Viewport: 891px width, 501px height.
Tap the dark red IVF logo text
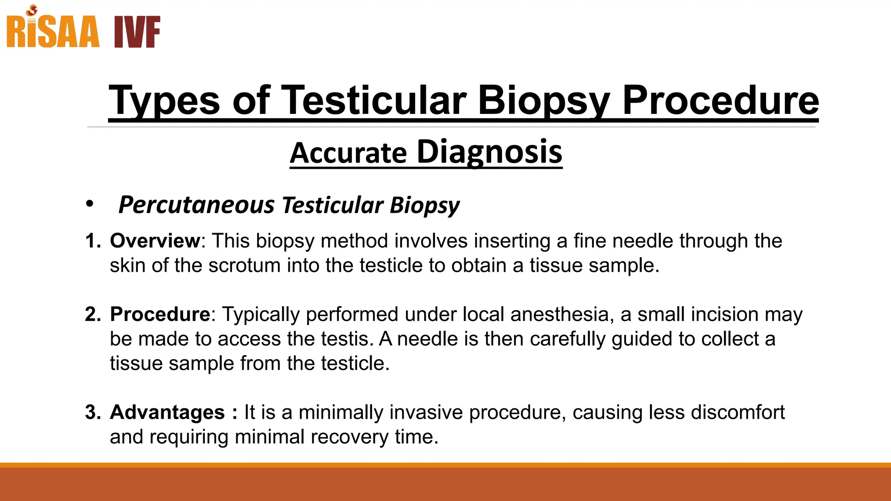pos(137,32)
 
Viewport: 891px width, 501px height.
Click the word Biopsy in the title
pos(543,101)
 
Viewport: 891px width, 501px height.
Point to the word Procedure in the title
pos(720,101)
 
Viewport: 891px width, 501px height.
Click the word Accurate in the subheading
pos(348,154)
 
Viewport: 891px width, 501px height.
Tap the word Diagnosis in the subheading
pos(489,152)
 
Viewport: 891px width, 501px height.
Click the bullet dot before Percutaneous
pos(90,204)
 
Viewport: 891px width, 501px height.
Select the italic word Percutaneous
pos(197,205)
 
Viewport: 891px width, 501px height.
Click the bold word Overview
pos(155,241)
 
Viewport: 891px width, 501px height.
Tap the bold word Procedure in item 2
pos(160,314)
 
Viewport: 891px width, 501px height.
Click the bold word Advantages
pos(167,412)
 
